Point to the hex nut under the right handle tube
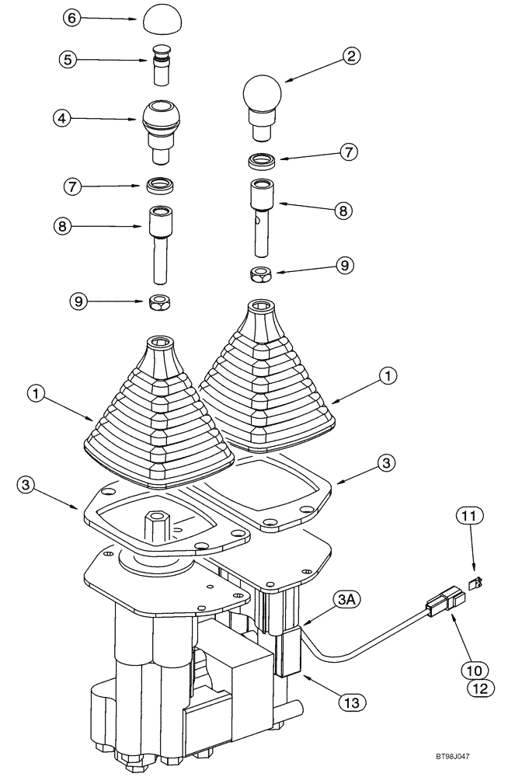coord(261,274)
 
